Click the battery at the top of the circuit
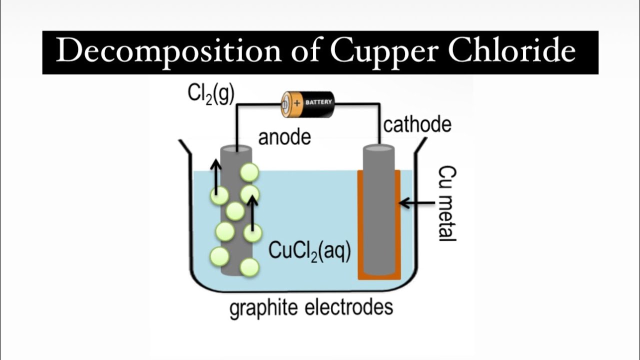(x=307, y=103)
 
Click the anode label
(x=284, y=137)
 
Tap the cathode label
(x=417, y=124)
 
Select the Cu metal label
(x=446, y=203)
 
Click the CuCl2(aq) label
(x=309, y=250)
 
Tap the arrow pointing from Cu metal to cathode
(x=417, y=203)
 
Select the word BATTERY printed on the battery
(x=318, y=102)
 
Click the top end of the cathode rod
(x=378, y=149)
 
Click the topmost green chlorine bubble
(x=249, y=172)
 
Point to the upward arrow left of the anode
(x=216, y=177)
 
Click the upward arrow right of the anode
(x=252, y=212)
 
